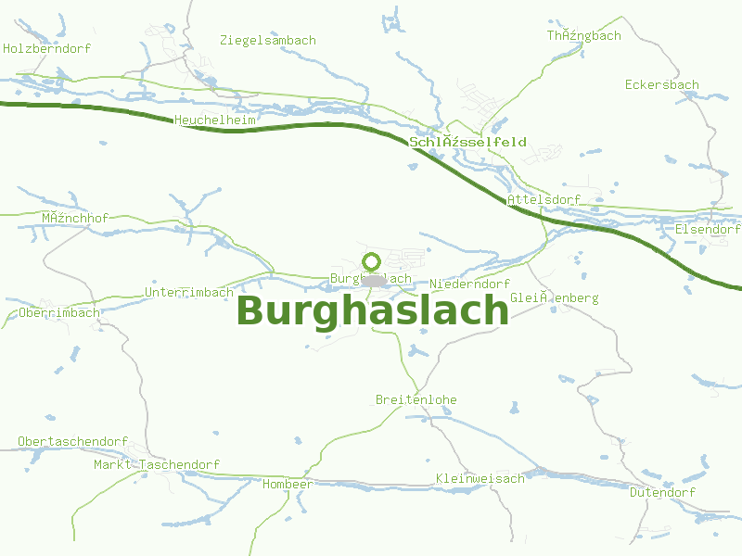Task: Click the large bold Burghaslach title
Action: click(x=373, y=311)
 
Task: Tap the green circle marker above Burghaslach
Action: click(x=372, y=261)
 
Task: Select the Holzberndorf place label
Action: click(x=47, y=48)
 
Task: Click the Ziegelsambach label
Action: click(x=268, y=40)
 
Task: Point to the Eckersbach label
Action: click(x=662, y=84)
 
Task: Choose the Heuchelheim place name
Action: click(x=215, y=120)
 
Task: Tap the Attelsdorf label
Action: click(x=544, y=199)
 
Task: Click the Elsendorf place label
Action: click(x=709, y=229)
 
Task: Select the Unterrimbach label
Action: click(x=190, y=292)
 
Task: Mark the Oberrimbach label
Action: click(x=58, y=312)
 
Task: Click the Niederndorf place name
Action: click(x=470, y=284)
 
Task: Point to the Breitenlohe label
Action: click(x=416, y=399)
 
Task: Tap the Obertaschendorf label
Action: click(x=72, y=440)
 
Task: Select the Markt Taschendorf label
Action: click(x=157, y=464)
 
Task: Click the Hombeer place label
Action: click(x=288, y=484)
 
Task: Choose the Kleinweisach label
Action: click(x=480, y=478)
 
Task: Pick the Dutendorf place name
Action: click(x=662, y=492)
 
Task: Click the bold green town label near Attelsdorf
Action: click(x=468, y=142)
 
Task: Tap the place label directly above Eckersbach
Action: click(x=583, y=35)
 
